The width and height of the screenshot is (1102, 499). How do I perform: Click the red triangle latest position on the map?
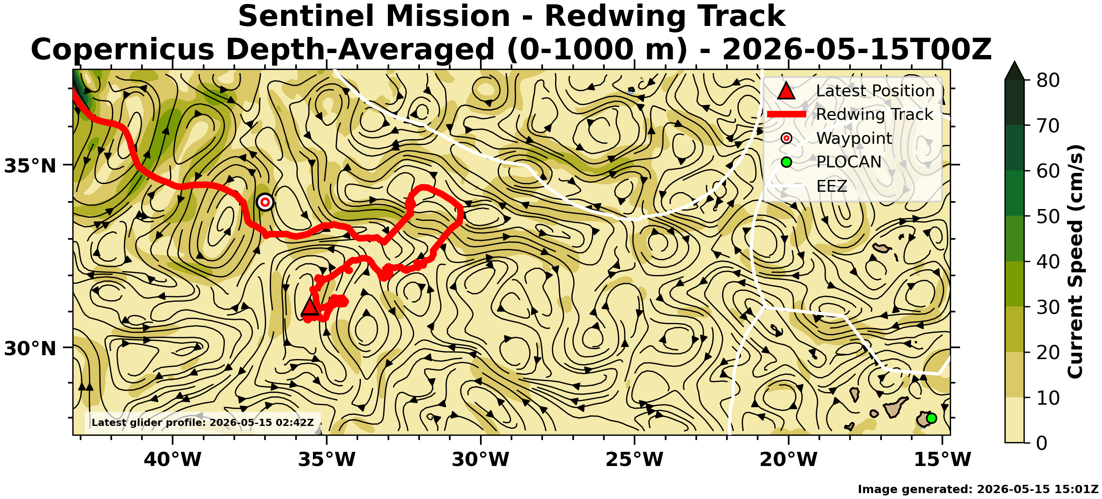[310, 307]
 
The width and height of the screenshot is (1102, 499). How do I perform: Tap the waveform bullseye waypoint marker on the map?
[265, 202]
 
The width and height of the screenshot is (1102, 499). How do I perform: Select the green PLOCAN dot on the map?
[931, 418]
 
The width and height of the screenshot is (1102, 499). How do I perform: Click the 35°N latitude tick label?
[30, 166]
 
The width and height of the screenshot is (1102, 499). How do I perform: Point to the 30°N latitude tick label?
[30, 349]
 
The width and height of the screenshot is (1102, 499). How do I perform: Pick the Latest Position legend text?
[875, 91]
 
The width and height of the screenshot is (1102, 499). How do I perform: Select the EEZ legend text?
[832, 186]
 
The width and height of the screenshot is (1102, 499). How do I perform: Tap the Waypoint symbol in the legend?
[786, 138]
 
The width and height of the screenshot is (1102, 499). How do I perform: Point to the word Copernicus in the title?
[122, 49]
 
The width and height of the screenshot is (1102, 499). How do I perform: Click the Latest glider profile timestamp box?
[203, 422]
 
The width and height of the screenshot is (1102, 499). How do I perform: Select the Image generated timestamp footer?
[978, 489]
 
